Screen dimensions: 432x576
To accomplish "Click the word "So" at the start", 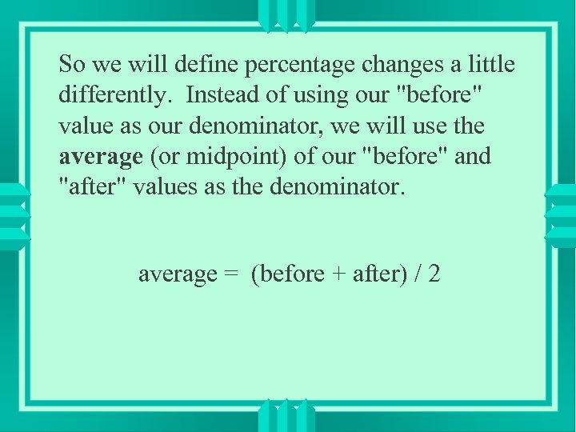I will pos(73,63).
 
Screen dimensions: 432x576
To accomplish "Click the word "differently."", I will pos(114,95).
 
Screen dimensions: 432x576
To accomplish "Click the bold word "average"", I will pos(101,158).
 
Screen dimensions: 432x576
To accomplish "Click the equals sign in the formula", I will pos(231,274).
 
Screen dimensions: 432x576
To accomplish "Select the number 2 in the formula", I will pos(434,274).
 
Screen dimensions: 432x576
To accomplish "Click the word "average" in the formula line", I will pos(178,274).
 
